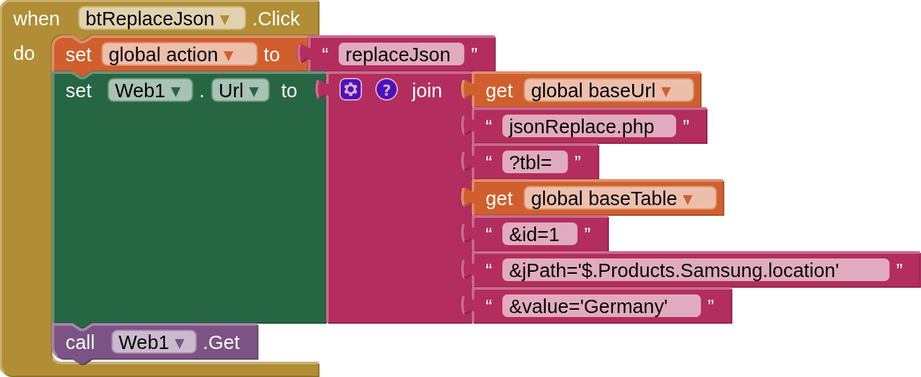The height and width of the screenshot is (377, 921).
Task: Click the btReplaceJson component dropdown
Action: click(x=162, y=19)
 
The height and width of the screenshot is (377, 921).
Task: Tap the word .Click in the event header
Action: click(x=276, y=19)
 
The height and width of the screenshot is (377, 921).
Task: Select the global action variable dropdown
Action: click(x=179, y=55)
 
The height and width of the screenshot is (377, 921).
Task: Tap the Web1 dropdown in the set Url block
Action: click(x=150, y=91)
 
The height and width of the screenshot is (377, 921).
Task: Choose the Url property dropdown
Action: click(x=240, y=91)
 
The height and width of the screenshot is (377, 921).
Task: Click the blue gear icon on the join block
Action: click(x=351, y=89)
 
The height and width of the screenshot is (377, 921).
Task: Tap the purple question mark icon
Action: click(x=387, y=89)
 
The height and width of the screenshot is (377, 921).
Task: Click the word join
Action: click(x=427, y=91)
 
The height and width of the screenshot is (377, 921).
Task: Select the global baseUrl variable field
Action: click(x=608, y=91)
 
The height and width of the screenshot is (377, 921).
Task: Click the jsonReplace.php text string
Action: click(x=588, y=127)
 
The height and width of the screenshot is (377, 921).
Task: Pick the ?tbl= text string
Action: click(x=534, y=162)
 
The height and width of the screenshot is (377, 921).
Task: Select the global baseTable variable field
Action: click(x=620, y=198)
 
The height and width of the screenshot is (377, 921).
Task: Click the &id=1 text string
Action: click(x=539, y=234)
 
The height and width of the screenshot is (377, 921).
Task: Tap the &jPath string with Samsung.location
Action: click(x=695, y=270)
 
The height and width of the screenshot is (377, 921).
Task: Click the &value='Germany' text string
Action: click(x=600, y=306)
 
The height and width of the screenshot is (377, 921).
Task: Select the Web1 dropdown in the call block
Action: click(x=153, y=342)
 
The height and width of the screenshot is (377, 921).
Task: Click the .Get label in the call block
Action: click(x=221, y=342)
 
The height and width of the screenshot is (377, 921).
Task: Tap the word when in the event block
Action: click(x=37, y=19)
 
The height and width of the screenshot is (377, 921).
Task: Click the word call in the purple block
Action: click(x=80, y=342)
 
